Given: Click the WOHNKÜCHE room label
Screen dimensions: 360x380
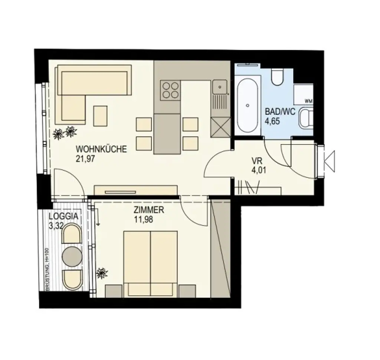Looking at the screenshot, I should (x=101, y=149).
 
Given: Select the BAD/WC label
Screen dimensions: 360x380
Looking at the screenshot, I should (x=280, y=112).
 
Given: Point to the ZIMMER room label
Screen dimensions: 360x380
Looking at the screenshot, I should (x=149, y=210).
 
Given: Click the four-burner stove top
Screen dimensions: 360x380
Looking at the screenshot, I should (x=170, y=90).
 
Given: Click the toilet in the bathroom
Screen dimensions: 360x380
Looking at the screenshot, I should (x=277, y=77).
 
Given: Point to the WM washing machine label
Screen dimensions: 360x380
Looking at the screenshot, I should (x=308, y=101).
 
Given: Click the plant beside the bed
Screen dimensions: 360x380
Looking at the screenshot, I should (x=102, y=274).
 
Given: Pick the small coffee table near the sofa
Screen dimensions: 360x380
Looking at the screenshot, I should (x=100, y=116).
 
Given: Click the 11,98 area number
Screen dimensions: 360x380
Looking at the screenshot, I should (x=144, y=219).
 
